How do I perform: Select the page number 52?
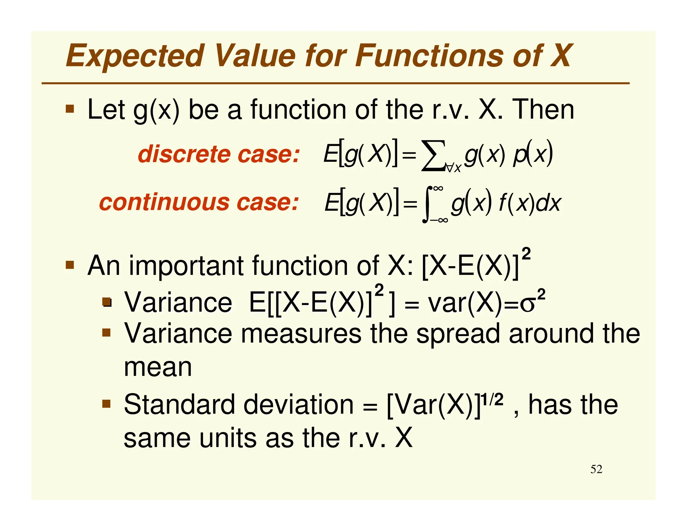(x=596, y=469)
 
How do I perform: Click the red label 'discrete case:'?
(x=218, y=154)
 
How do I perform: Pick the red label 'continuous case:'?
(x=199, y=202)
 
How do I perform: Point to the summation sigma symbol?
(x=433, y=156)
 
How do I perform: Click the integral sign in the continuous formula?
(x=426, y=205)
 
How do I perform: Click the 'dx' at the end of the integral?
(x=548, y=203)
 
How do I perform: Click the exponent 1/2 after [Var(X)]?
(x=492, y=399)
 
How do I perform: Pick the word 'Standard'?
(x=179, y=405)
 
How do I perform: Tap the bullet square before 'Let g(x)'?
(x=70, y=109)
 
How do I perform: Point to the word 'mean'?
(x=158, y=367)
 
